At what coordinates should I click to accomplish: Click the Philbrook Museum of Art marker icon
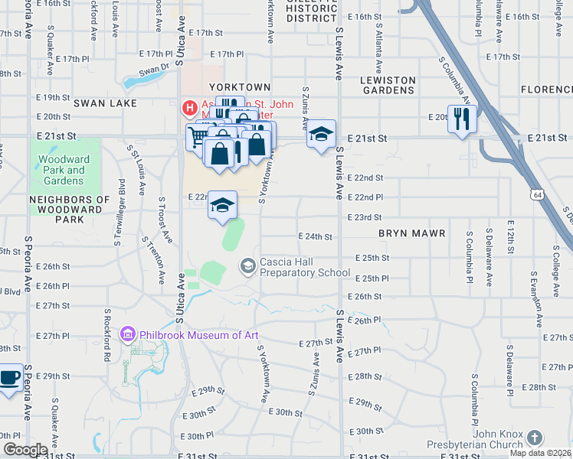click(128, 335)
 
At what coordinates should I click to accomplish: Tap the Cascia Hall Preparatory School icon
click(247, 265)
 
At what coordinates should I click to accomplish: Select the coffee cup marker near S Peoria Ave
click(10, 378)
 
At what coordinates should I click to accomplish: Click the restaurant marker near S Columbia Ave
click(461, 118)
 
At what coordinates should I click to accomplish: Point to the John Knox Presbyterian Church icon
click(535, 438)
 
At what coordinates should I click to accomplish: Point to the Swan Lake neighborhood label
click(105, 103)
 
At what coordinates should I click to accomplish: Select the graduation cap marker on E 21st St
click(322, 134)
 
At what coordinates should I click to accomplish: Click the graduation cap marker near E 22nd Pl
click(223, 204)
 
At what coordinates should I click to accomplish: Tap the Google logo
click(25, 450)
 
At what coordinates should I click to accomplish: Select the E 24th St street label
click(315, 236)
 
